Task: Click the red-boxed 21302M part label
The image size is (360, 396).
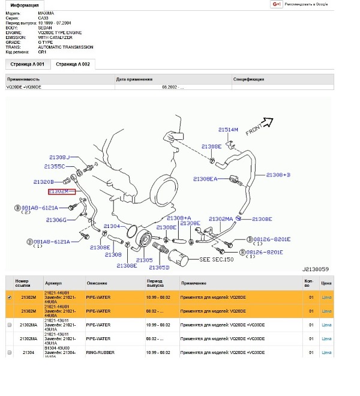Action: [x=62, y=191]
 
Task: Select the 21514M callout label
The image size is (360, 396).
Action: [x=228, y=130]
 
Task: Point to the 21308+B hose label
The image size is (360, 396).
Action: [x=278, y=175]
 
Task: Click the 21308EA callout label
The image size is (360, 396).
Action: [x=205, y=179]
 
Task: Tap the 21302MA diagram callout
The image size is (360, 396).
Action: [x=221, y=219]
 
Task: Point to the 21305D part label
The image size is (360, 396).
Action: [x=159, y=267]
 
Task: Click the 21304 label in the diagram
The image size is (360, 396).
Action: [x=112, y=227]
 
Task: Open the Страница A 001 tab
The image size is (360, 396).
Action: [x=25, y=64]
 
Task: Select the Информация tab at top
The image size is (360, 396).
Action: [x=25, y=5]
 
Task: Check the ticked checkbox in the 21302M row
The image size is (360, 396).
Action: [x=9, y=297]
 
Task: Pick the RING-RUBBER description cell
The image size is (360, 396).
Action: [x=100, y=353]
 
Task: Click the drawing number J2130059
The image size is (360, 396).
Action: [x=315, y=270]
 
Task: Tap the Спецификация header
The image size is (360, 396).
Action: [x=249, y=79]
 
